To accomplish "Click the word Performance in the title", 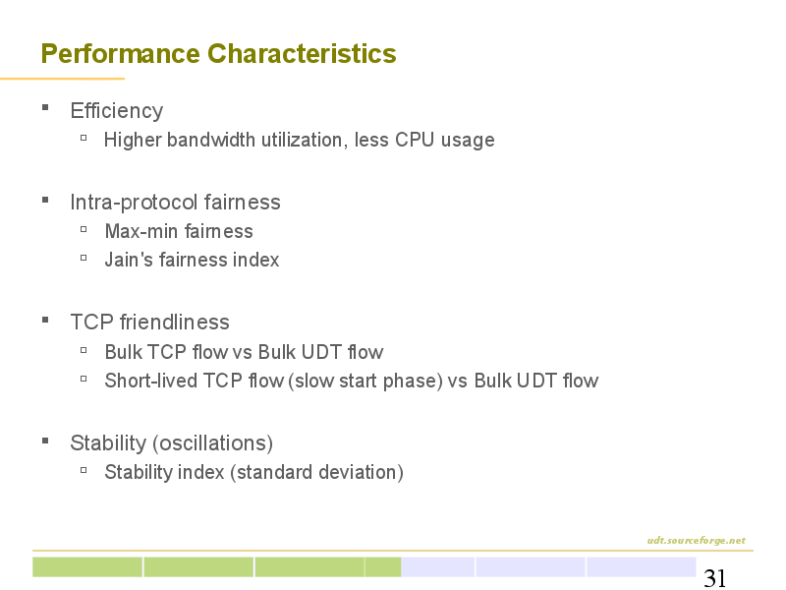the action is [120, 54].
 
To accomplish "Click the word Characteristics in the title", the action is [302, 53].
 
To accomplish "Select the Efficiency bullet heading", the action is [116, 111].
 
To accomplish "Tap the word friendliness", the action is [175, 323].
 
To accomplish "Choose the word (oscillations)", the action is [212, 443].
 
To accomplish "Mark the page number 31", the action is [715, 578].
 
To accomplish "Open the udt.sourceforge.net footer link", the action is [697, 540].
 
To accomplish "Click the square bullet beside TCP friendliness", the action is [45, 320].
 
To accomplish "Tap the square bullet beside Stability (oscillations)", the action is [45, 441].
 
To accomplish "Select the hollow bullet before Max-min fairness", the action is [84, 229].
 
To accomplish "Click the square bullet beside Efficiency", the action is [45, 107].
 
